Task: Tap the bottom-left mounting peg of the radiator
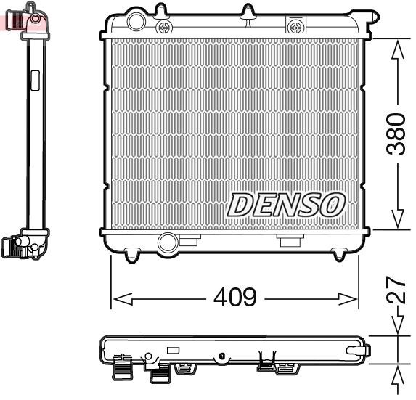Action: (131, 255)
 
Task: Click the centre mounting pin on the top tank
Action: (248, 12)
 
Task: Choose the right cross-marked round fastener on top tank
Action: (295, 27)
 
